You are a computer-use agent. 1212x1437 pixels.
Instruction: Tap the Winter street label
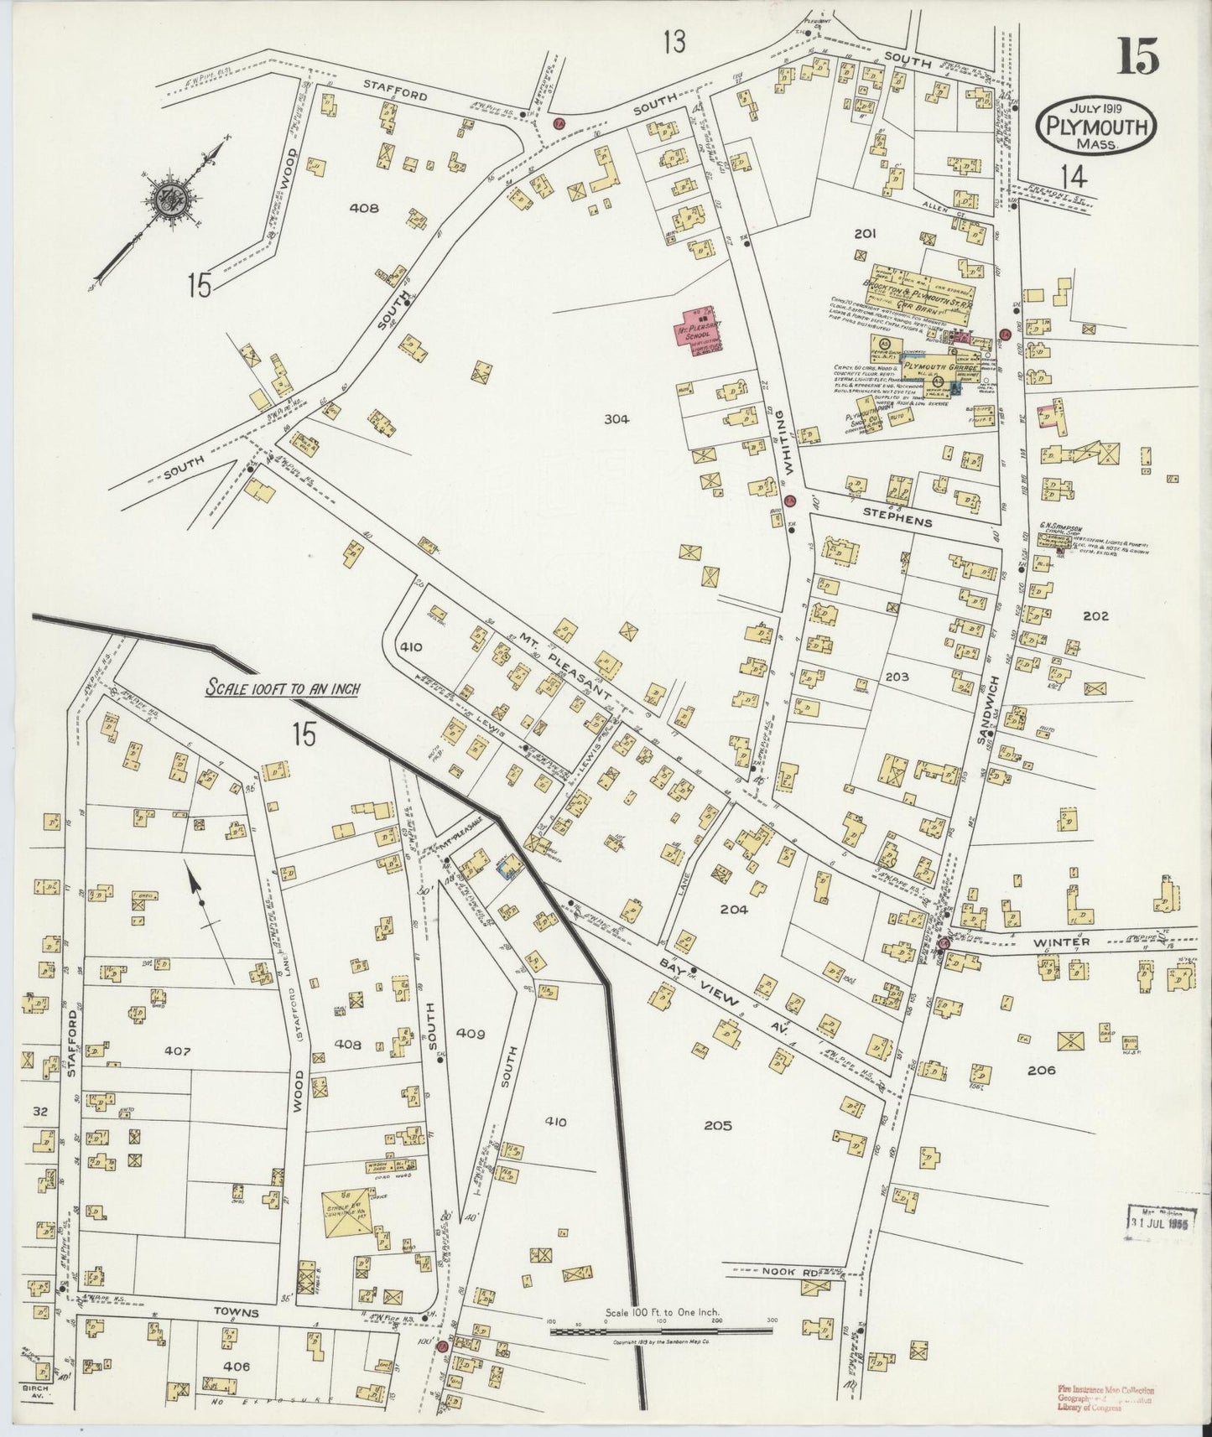[1061, 942]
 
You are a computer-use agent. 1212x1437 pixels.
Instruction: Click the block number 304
[616, 419]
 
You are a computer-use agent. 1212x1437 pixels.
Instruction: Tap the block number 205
[718, 1125]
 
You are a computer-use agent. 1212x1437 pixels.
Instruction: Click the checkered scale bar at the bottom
[661, 1330]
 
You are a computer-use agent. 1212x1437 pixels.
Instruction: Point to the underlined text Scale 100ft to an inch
[283, 688]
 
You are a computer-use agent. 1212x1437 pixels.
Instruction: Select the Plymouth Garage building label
[939, 367]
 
